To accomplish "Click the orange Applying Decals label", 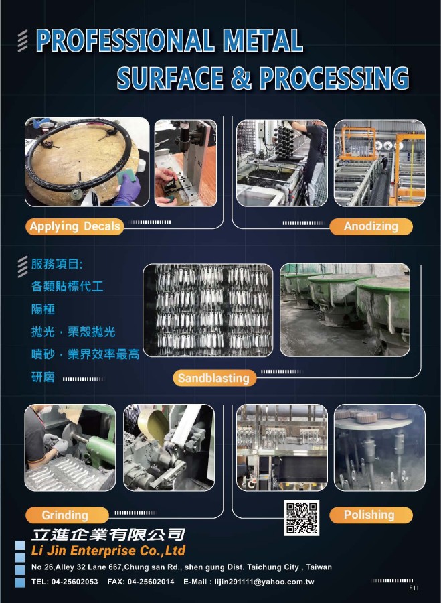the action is [74, 226].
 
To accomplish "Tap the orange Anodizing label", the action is [371, 226].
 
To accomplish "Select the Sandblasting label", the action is [214, 378].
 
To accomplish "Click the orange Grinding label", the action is [67, 515].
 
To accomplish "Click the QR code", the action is [301, 518].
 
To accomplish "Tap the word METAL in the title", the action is [263, 40].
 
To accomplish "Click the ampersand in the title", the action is [241, 78].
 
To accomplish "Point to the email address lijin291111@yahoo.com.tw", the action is [264, 582].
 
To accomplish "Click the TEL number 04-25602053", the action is [74, 582].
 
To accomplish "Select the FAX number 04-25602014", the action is [151, 582].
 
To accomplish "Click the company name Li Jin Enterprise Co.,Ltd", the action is [108, 551].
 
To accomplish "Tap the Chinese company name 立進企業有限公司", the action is [108, 535].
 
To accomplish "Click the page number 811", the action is [414, 588].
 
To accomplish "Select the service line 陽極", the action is [43, 309].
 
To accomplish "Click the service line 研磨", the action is [43, 377].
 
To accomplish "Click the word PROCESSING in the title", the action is [334, 78].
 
